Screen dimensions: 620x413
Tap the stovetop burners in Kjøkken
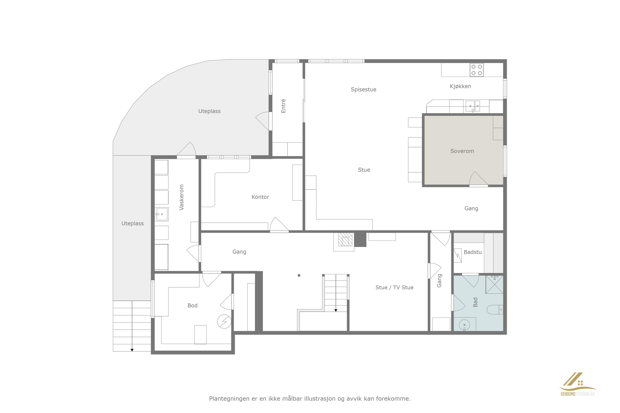coord(477,70)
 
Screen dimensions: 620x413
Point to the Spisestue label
coord(363,90)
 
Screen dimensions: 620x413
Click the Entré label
coord(283,106)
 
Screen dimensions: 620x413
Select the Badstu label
coord(473,252)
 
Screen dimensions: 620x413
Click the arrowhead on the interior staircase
coord(336,311)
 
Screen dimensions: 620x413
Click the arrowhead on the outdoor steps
coord(132,350)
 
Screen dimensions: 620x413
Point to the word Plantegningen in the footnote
coord(229,399)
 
